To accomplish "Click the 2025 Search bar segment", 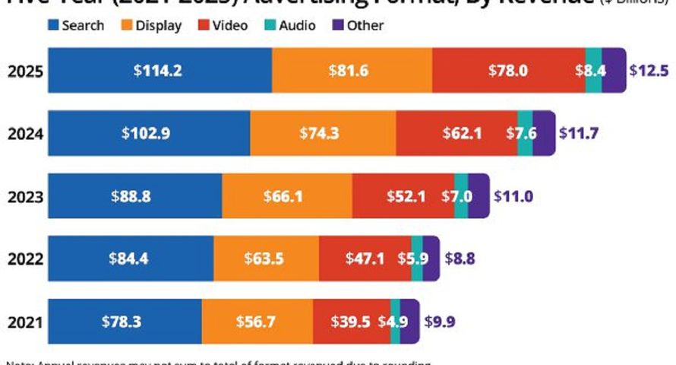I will [160, 71].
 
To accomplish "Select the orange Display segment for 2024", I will [323, 134].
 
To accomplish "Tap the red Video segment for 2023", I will [403, 196].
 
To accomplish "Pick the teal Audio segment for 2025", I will [593, 71].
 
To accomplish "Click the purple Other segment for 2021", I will [409, 321].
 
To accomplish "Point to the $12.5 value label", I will [649, 71].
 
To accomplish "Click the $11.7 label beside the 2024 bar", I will [579, 134].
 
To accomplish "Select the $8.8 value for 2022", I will [460, 259].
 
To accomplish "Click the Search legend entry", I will [76, 25].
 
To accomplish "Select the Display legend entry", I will [151, 25].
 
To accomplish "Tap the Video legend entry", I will [223, 25].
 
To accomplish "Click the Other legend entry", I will [358, 25].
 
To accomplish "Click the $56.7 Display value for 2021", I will [257, 321].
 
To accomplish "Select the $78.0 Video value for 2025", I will [508, 71].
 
